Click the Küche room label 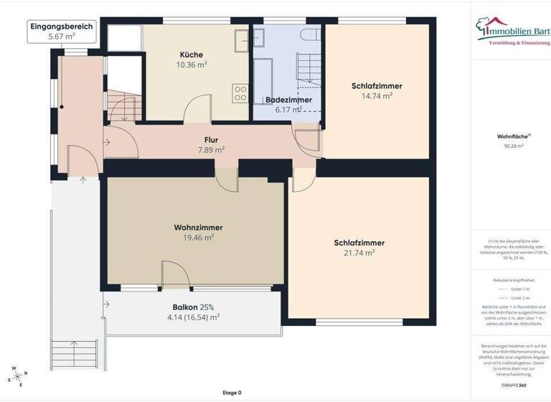pyautogui.click(x=191, y=55)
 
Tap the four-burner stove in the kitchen pyautogui.click(x=240, y=93)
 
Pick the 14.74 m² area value pyautogui.click(x=377, y=95)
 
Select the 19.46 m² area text pyautogui.click(x=198, y=237)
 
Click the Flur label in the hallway pyautogui.click(x=211, y=140)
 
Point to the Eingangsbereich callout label pyautogui.click(x=61, y=27)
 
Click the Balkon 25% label pyautogui.click(x=193, y=307)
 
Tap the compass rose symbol pyautogui.click(x=19, y=376)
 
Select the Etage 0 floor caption pyautogui.click(x=232, y=393)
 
